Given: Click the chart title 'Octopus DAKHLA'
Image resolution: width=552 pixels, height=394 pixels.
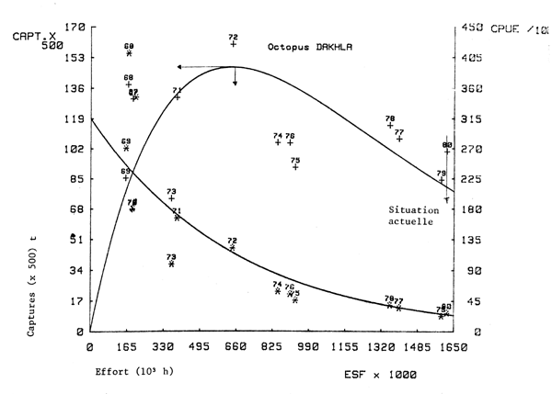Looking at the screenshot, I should point(312,45).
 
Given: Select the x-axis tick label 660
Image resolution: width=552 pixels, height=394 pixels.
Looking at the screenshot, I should point(236,349).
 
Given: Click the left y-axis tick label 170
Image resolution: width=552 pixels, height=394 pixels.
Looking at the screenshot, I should point(74,28).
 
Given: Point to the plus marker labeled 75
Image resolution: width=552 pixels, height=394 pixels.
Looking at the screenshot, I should point(295,167).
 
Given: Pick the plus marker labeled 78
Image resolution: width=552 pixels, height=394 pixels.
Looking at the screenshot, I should point(390,126).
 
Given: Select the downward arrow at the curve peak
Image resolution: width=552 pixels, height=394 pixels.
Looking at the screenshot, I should point(235,81).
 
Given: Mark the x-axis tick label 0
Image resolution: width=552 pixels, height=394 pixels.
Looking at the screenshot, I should point(90,349).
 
